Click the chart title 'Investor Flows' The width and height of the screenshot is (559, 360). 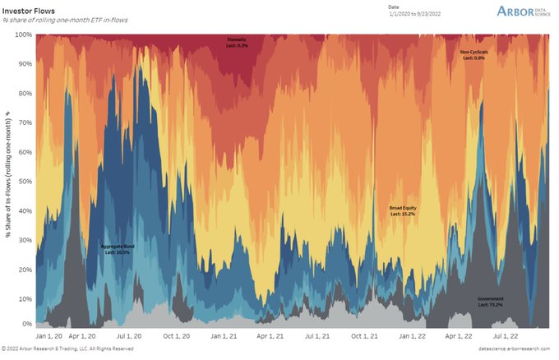28,11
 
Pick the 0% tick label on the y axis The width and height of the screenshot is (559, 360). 26,325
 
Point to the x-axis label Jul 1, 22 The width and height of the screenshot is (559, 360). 506,336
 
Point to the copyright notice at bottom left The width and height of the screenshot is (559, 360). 67,349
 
